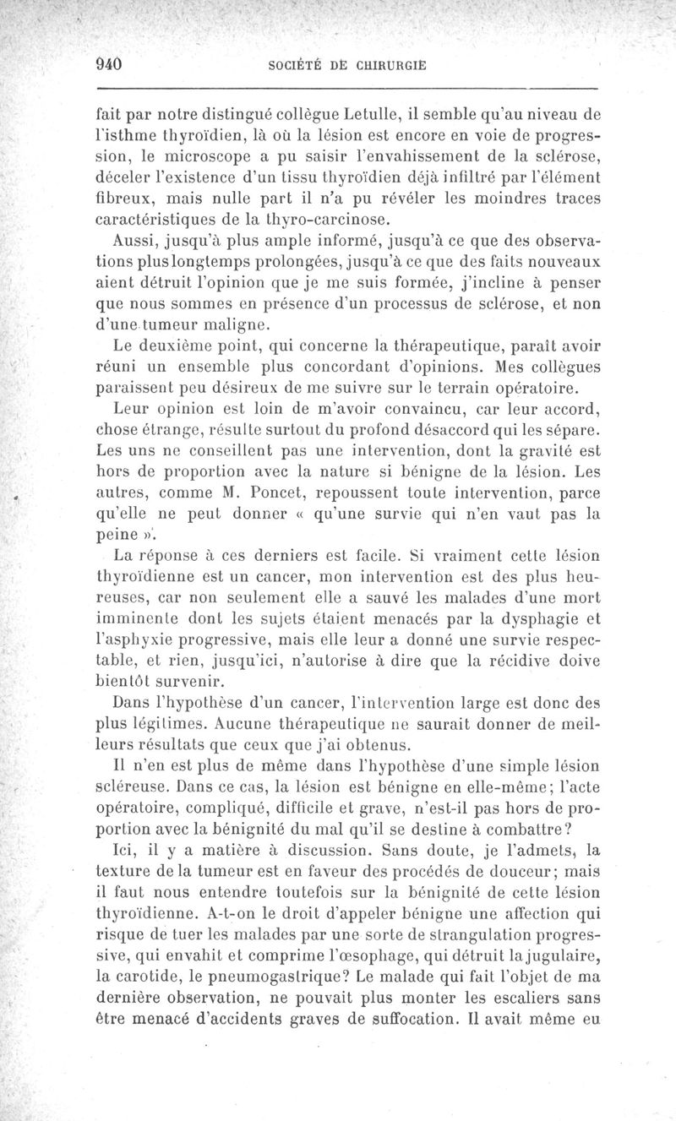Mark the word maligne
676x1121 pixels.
click(x=248, y=324)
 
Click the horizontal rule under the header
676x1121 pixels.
click(x=347, y=87)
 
